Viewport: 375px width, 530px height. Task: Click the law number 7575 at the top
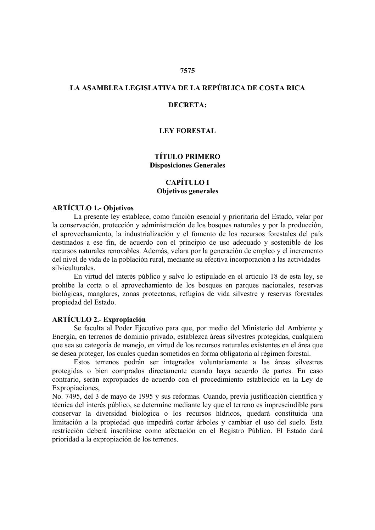[x=187, y=70]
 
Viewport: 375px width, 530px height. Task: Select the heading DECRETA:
[x=187, y=105]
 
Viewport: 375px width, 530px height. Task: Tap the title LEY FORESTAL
[x=187, y=131]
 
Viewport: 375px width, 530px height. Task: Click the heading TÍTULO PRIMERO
[x=187, y=156]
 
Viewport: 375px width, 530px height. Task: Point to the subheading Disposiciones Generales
[x=187, y=165]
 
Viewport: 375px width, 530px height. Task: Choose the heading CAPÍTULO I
[x=187, y=183]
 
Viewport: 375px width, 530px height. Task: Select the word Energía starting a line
[x=62, y=337]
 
